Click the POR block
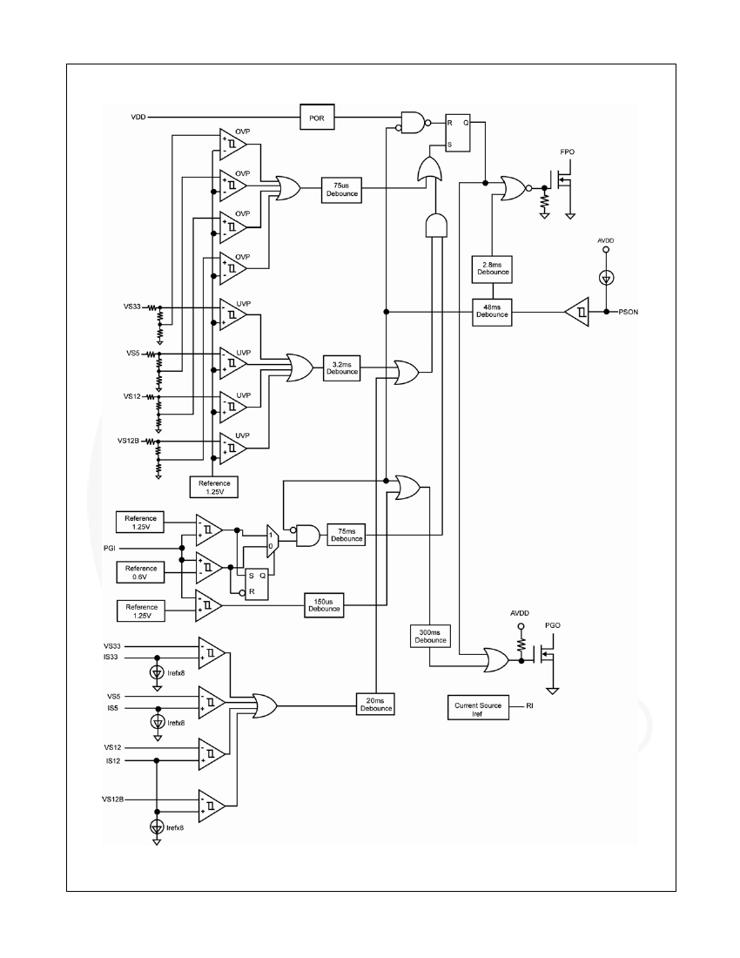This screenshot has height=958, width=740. [x=317, y=117]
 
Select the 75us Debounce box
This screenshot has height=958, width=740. [x=341, y=190]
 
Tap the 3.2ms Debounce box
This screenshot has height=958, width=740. [x=341, y=368]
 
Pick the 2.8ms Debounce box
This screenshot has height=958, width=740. [x=492, y=269]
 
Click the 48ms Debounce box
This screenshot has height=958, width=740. [x=492, y=312]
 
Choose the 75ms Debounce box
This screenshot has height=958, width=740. [x=346, y=535]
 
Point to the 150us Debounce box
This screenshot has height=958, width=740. [x=324, y=605]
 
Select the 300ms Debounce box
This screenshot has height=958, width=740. [x=430, y=636]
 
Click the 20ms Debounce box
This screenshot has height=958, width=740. [x=375, y=705]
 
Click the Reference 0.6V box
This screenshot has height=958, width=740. [x=140, y=572]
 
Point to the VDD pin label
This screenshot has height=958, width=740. [x=138, y=117]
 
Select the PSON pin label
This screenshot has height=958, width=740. [x=628, y=312]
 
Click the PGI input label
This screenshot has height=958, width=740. [x=110, y=549]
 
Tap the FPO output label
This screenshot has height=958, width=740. [x=568, y=152]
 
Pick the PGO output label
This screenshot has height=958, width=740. [x=553, y=625]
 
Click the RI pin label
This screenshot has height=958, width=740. [x=529, y=705]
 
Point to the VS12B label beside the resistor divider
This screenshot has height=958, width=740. [x=128, y=441]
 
